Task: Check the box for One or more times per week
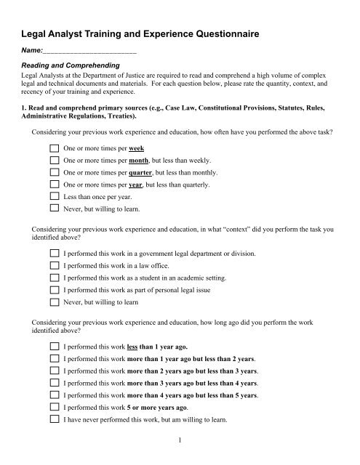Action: [54, 147]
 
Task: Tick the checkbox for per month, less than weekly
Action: [54, 160]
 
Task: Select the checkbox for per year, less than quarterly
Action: [54, 185]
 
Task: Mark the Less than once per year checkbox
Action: [54, 197]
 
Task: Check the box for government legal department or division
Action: [54, 252]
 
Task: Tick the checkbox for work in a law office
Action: [54, 264]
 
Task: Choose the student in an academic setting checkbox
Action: [54, 277]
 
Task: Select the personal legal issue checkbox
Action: [54, 289]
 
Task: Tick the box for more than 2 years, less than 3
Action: [54, 371]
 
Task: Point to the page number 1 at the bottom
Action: [180, 442]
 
